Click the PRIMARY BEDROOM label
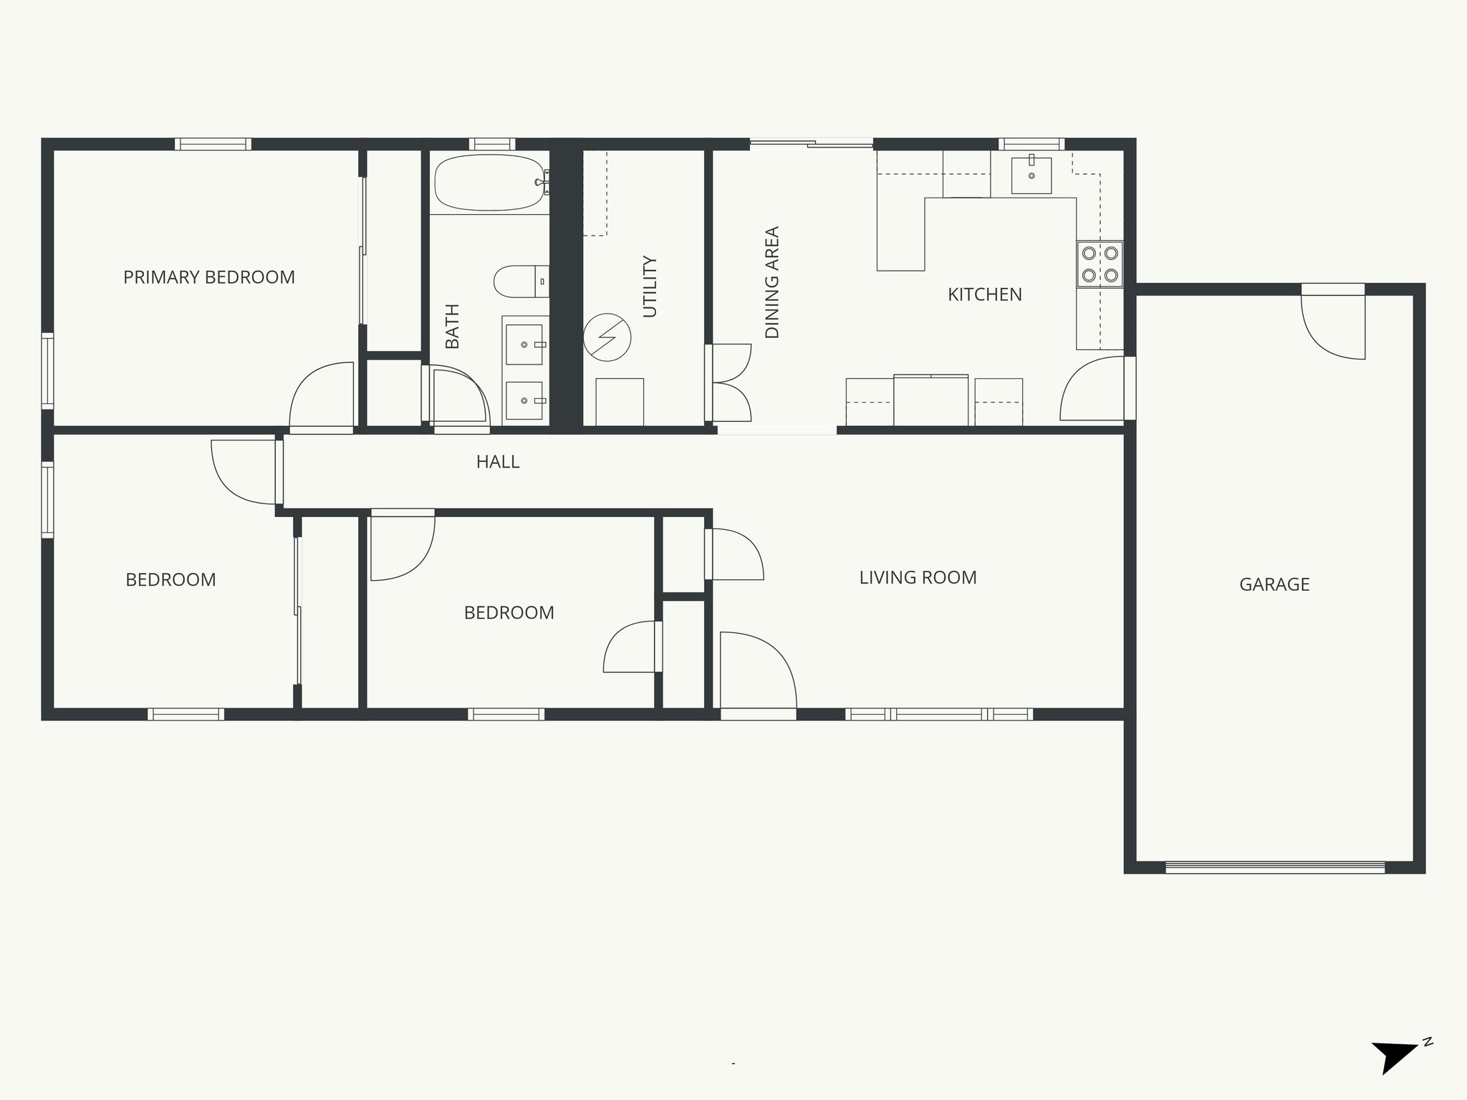point(209,277)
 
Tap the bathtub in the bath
point(489,183)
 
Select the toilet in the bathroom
point(521,281)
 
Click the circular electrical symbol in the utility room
point(607,337)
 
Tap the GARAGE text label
point(1274,584)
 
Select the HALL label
point(498,462)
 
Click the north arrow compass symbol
point(1395,1075)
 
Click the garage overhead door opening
point(1275,867)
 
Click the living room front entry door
point(758,673)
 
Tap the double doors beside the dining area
point(729,382)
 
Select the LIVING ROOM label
point(918,577)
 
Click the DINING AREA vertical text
point(772,282)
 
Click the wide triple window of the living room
point(938,714)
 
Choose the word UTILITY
point(650,286)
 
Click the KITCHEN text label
point(984,294)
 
